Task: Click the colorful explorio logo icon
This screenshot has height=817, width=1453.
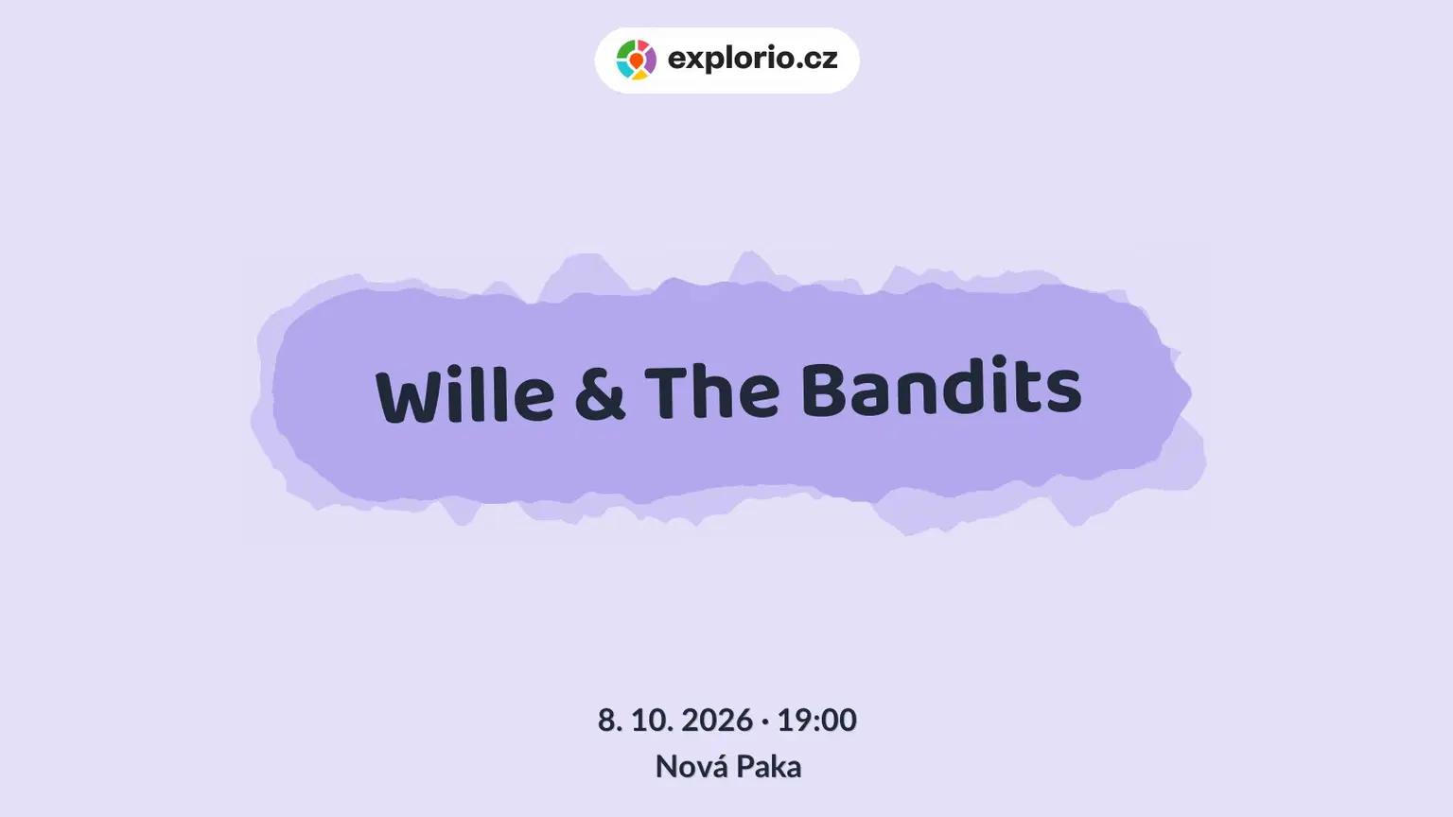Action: tap(636, 60)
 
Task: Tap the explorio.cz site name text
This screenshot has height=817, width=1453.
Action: tap(752, 59)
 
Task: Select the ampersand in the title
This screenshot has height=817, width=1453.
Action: tap(600, 392)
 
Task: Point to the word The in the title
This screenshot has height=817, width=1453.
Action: tap(711, 391)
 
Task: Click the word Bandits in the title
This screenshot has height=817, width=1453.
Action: tap(941, 386)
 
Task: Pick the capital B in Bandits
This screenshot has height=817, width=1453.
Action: tap(824, 389)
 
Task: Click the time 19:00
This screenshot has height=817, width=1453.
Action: tap(816, 721)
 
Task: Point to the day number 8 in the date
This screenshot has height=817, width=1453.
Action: tap(606, 721)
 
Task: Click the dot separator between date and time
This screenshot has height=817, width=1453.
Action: tap(765, 721)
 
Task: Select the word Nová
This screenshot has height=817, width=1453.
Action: tap(691, 767)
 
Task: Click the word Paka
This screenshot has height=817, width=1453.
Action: tap(769, 767)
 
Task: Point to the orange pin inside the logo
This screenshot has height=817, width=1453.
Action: tap(637, 61)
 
